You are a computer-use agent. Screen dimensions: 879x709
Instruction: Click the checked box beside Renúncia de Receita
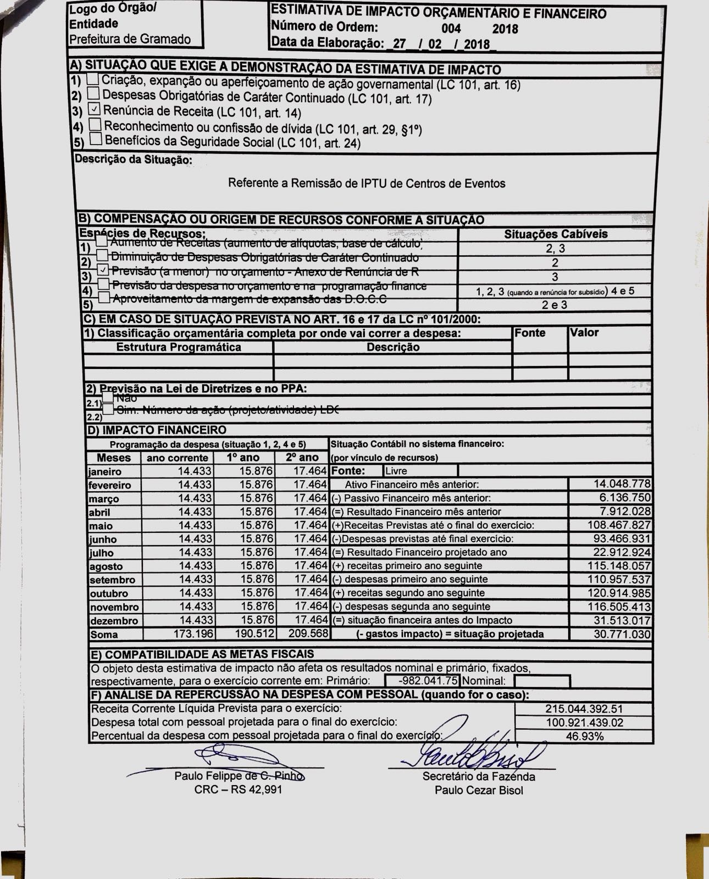pos(95,109)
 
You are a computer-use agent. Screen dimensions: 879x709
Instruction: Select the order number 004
pos(451,29)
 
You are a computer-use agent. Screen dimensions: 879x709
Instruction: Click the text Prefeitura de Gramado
pos(130,39)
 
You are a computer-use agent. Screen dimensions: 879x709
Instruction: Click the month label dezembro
pos(113,621)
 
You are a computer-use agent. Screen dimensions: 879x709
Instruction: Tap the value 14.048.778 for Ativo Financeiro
pos(622,484)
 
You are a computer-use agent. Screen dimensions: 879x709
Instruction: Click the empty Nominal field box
pos(542,681)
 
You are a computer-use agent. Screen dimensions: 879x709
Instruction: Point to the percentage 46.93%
pos(584,736)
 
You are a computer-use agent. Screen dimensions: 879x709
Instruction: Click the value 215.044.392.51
pos(584,709)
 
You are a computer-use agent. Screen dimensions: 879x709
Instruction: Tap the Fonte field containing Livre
pos(420,471)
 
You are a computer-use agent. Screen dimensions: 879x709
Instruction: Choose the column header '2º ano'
pos(302,457)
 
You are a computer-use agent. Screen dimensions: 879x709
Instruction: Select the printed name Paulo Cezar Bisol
pos(479,790)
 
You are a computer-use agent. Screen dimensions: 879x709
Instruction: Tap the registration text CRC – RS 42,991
pos(238,789)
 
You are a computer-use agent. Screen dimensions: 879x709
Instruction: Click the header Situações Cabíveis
pos(556,234)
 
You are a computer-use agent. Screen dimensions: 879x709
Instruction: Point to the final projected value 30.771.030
pos(622,635)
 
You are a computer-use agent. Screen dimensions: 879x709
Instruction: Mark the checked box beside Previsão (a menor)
pos(102,270)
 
